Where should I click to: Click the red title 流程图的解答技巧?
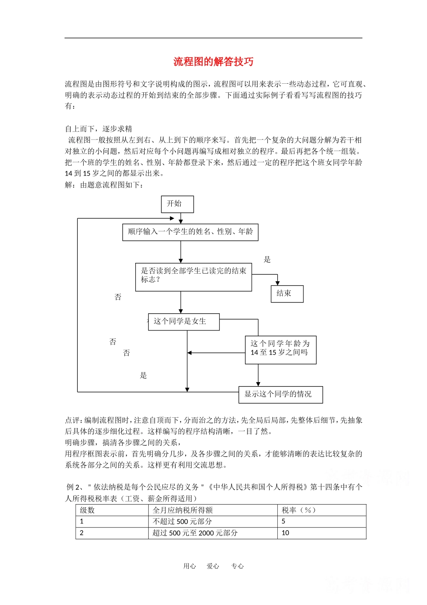(213, 62)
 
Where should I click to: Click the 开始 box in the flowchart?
(178, 204)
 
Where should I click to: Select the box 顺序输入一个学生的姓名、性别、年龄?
(190, 232)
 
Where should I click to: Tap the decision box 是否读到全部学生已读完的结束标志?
(193, 277)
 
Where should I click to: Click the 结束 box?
(287, 293)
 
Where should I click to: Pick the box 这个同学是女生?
(184, 322)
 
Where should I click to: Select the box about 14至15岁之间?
(280, 350)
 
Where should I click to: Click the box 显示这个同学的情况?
(280, 395)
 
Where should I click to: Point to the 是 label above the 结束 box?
(267, 259)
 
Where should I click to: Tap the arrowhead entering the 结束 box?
(278, 283)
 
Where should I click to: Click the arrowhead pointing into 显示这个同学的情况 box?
(258, 384)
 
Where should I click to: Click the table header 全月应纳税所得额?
(182, 510)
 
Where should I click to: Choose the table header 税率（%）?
(299, 510)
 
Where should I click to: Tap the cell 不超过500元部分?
(182, 521)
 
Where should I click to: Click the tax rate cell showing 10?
(285, 533)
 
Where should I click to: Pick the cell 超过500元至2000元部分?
(195, 533)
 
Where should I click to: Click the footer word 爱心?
(213, 566)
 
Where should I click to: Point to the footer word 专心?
(237, 566)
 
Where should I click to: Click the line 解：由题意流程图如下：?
(104, 185)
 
